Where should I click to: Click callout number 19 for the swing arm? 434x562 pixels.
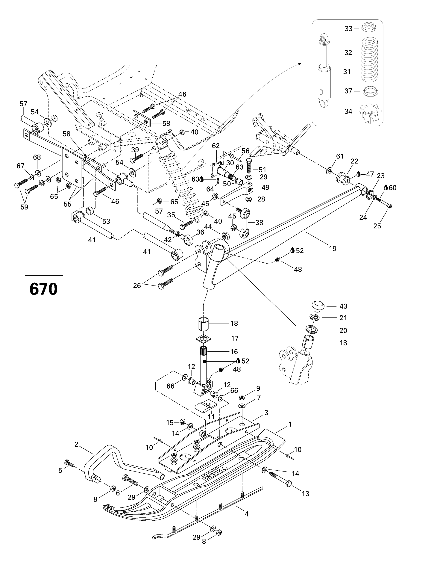pyautogui.click(x=333, y=249)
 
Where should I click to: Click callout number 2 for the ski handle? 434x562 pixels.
pyautogui.click(x=76, y=444)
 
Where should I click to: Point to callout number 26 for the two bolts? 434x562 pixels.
pyautogui.click(x=137, y=285)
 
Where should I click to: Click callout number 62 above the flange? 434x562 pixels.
pyautogui.click(x=216, y=146)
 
